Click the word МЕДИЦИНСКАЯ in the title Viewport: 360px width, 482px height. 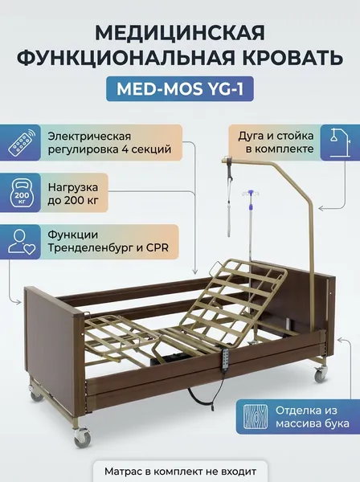tap(180, 33)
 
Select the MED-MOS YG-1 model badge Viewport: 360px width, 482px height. tap(180, 89)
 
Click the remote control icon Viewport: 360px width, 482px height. tap(22, 142)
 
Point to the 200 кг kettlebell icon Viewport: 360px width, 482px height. tap(22, 193)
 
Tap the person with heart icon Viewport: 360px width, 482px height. tap(22, 242)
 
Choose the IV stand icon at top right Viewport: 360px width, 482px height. tap(340, 143)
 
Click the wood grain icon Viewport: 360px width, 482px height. tap(256, 417)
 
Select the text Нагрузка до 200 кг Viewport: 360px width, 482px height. tap(73, 194)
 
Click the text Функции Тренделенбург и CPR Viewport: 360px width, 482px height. tap(108, 241)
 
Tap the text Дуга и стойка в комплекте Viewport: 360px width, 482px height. tap(276, 143)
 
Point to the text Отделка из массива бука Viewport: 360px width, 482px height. tap(313, 417)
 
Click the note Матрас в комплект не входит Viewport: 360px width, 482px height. tap(180, 472)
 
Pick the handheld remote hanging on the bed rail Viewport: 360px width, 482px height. tap(226, 357)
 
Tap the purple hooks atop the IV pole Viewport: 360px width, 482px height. tap(251, 193)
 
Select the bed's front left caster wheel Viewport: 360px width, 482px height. tap(82, 436)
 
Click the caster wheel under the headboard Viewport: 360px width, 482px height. tap(320, 374)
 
